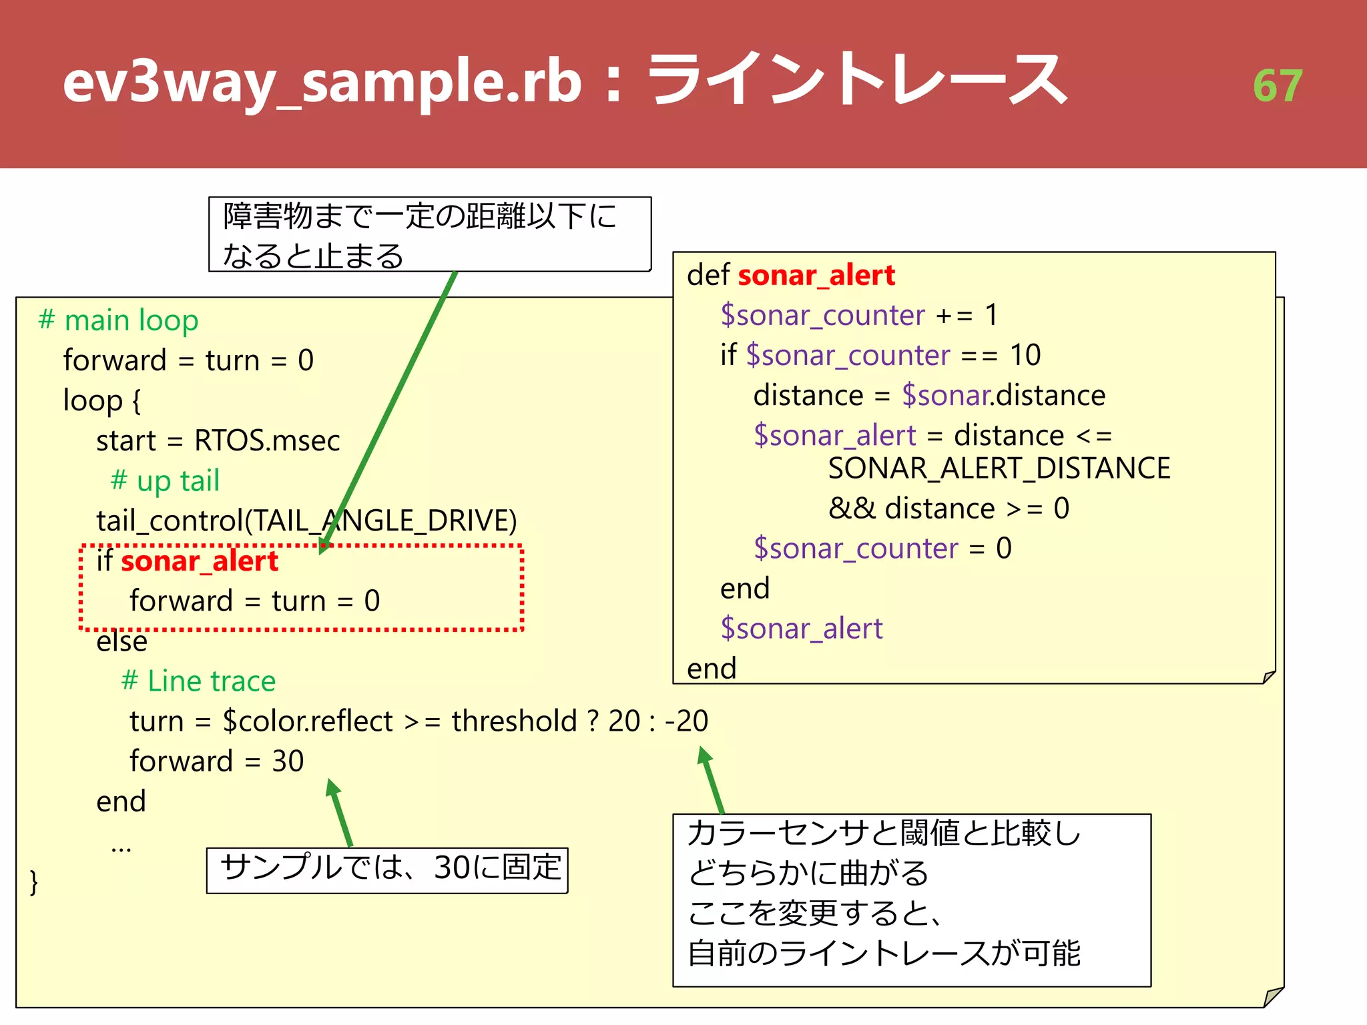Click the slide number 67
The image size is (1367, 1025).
click(1277, 85)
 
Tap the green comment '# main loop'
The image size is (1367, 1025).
click(119, 320)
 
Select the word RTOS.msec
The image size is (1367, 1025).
click(267, 440)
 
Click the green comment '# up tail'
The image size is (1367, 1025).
click(165, 480)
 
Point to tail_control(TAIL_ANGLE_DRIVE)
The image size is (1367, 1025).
click(306, 521)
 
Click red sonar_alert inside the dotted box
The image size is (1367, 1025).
click(199, 561)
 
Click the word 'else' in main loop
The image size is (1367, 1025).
click(121, 641)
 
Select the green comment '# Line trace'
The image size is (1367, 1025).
click(198, 681)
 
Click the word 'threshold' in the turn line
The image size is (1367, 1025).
click(514, 721)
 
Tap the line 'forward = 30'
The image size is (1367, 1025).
click(216, 761)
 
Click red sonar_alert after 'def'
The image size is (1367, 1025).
click(816, 275)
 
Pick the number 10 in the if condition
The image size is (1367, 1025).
click(1025, 355)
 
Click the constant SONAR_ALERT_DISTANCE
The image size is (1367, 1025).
click(999, 468)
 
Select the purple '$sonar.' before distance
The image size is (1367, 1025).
click(946, 396)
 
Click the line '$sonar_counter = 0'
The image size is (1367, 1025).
click(882, 549)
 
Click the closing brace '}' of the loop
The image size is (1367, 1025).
click(34, 882)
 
